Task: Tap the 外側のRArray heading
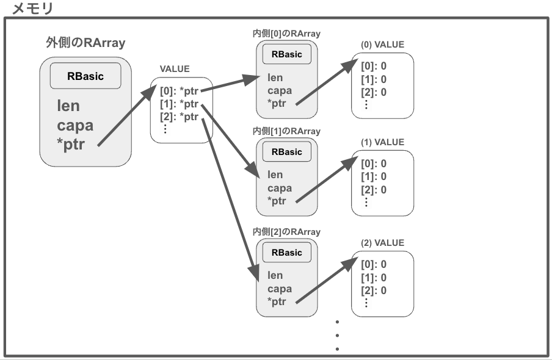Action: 85,43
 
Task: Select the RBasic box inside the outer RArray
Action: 85,76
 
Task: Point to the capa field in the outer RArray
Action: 75,126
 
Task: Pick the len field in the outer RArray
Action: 68,106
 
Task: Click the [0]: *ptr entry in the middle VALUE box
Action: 180,92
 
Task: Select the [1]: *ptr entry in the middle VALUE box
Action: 180,104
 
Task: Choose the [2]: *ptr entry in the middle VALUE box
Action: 180,117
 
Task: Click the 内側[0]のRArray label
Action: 286,34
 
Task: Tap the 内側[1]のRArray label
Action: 286,131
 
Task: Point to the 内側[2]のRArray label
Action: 286,232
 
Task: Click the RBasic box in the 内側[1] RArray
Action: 286,152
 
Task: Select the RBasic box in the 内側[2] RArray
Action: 286,253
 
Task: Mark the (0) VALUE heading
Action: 382,45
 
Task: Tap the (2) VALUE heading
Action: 382,243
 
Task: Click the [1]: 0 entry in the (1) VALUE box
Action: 374,176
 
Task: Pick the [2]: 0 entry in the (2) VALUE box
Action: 374,290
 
